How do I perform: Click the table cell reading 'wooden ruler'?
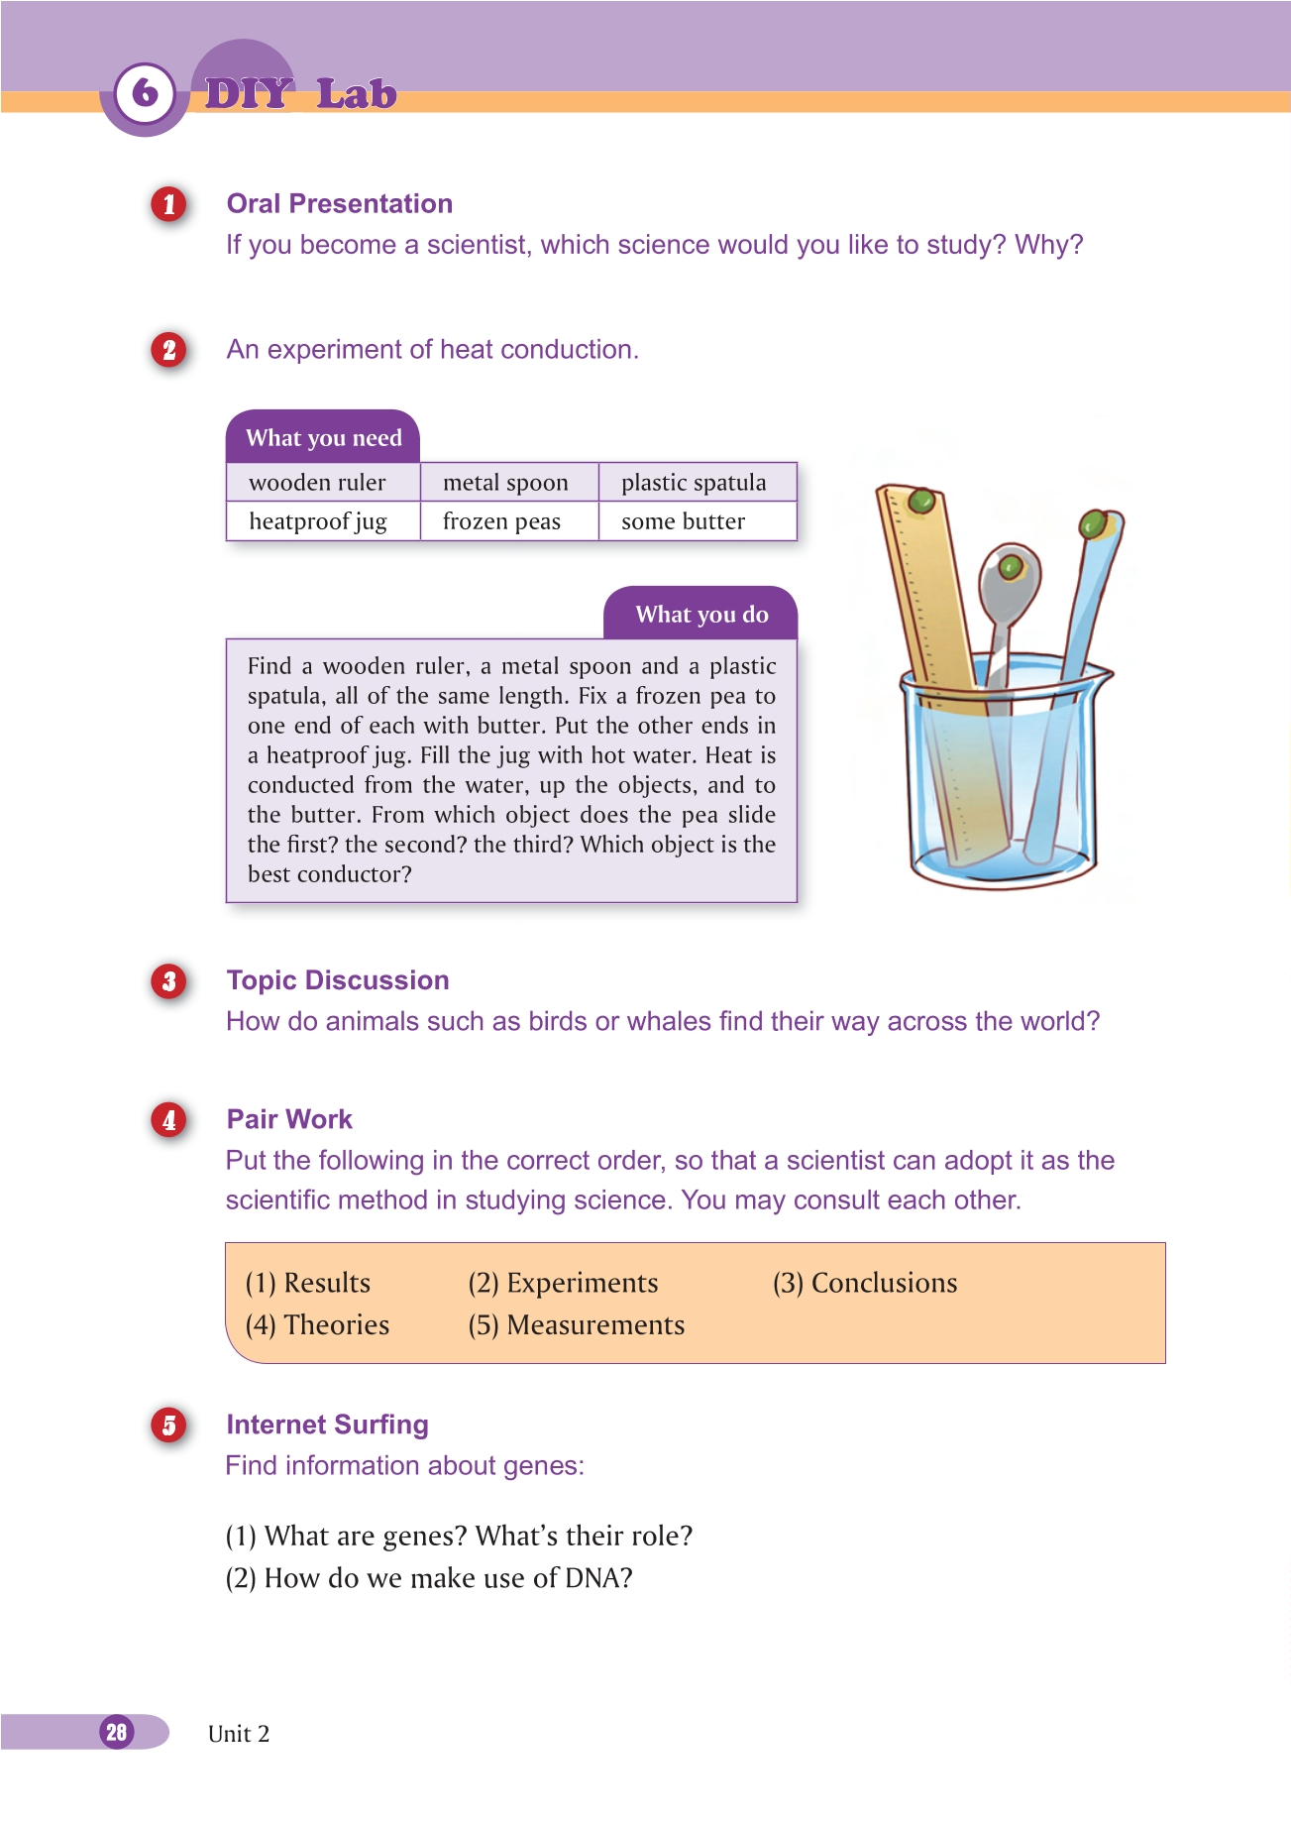pos(317,483)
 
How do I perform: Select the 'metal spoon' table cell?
pos(505,483)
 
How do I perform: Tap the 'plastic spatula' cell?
pos(694,483)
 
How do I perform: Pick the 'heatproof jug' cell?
pos(317,521)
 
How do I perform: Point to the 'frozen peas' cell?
pos(501,521)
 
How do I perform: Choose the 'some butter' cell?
pos(683,521)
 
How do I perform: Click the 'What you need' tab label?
pos(323,438)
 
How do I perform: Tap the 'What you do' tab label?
pos(701,615)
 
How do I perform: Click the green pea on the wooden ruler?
pos(921,500)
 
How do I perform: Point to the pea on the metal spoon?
pos(1010,567)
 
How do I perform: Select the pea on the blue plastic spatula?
pos(1093,522)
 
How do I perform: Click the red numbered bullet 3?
pos(169,981)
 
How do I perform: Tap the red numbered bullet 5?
pos(169,1426)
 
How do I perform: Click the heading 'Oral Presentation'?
pos(339,204)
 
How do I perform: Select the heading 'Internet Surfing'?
pos(327,1425)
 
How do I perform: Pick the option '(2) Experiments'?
pos(563,1283)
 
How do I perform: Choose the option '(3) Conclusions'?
pos(865,1283)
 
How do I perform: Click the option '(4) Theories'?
pos(317,1325)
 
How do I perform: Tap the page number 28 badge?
pos(117,1732)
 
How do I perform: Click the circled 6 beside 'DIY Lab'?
pos(145,93)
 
